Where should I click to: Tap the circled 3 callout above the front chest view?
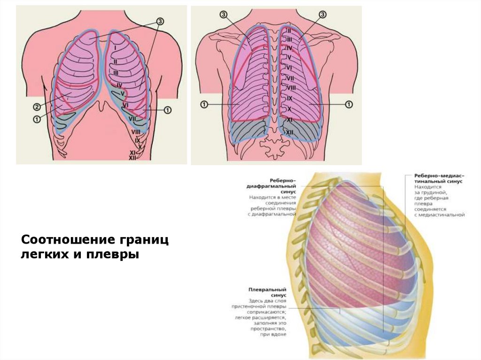(x=160, y=21)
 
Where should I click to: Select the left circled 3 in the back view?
(x=223, y=15)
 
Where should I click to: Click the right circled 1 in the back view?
(x=349, y=104)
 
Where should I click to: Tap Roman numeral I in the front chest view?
(x=114, y=48)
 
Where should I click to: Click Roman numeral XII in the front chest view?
(x=132, y=158)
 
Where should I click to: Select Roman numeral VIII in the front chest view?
(x=136, y=132)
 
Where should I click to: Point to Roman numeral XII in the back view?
(x=290, y=133)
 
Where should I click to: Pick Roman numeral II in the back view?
(x=289, y=31)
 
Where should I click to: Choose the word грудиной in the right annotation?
(x=433, y=191)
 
